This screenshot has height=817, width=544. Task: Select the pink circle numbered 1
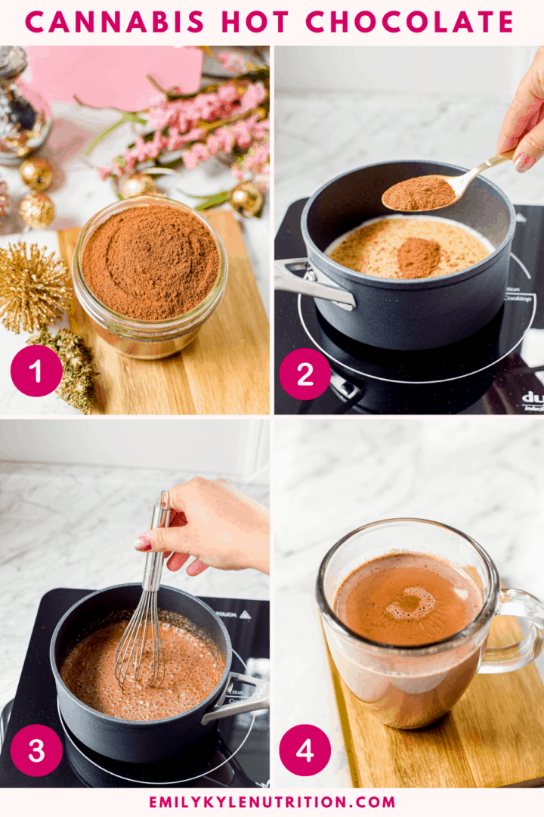[36, 371]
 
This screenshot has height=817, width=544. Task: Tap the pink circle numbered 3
[36, 750]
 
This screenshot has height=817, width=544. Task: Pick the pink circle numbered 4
[304, 750]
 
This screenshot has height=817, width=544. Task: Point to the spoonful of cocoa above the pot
[420, 193]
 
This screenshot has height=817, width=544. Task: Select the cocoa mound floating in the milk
[418, 257]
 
